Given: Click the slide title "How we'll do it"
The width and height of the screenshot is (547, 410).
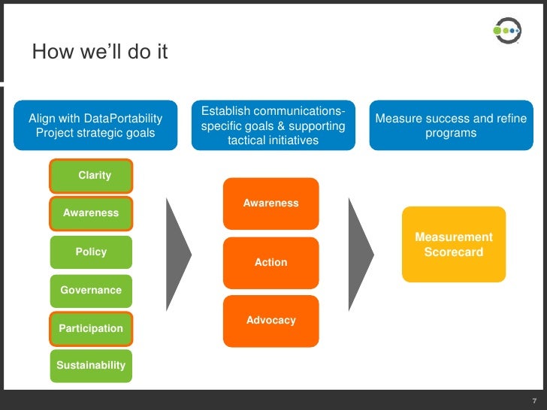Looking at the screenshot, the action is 100,53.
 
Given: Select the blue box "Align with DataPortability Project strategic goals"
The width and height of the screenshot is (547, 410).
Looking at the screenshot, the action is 95,125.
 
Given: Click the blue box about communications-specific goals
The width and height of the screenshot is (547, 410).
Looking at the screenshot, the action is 273,125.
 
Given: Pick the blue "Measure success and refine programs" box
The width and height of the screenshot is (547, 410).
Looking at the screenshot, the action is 451,125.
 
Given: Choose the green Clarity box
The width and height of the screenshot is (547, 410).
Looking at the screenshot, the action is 91,176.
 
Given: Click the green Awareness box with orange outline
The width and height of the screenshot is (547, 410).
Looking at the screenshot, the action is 91,213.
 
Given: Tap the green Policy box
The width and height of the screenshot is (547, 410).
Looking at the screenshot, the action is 91,252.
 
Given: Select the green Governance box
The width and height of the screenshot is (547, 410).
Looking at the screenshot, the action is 91,291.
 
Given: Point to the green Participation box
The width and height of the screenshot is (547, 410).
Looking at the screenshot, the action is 91,329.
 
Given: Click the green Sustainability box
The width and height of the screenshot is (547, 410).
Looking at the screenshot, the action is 91,366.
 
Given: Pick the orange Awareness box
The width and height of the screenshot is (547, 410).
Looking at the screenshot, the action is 270,203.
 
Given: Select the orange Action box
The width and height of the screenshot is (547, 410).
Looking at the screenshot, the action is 270,262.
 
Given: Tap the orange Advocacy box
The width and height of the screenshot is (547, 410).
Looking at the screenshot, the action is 270,321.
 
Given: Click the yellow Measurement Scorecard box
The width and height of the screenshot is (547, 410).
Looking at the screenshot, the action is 454,245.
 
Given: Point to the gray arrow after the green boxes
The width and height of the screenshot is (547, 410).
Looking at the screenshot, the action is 178,254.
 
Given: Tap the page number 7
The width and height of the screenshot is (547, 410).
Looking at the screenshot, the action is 533,399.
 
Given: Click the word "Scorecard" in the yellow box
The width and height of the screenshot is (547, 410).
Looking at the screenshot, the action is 454,252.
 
